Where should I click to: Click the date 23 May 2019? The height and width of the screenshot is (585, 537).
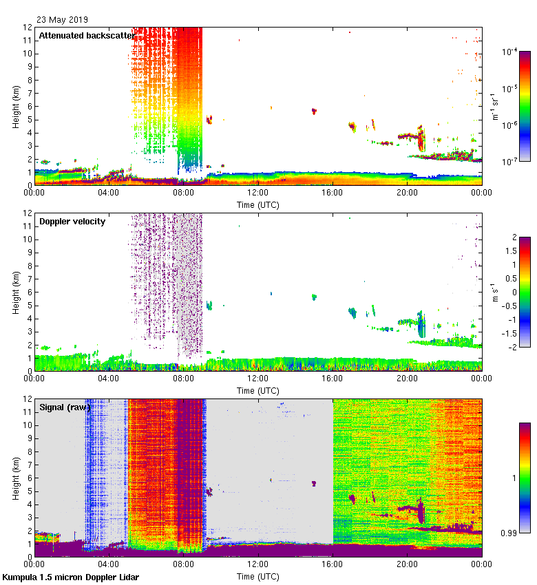coord(62,19)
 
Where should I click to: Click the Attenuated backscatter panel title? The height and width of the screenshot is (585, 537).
coord(87,35)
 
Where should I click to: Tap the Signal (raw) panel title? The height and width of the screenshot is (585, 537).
coord(65,407)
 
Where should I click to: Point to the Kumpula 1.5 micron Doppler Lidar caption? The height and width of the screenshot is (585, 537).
coord(71,577)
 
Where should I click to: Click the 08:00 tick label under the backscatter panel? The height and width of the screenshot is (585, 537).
coord(183,193)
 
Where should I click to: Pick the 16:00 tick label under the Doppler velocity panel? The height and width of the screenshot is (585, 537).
coord(333,379)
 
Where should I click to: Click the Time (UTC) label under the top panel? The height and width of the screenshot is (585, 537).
coord(258,204)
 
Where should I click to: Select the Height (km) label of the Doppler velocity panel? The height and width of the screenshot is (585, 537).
coord(15,292)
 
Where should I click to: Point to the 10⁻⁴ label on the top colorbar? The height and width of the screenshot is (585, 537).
coord(510,52)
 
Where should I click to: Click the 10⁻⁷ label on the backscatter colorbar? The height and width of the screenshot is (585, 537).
coord(510,162)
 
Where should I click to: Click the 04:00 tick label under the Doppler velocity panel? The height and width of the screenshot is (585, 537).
coord(109,379)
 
